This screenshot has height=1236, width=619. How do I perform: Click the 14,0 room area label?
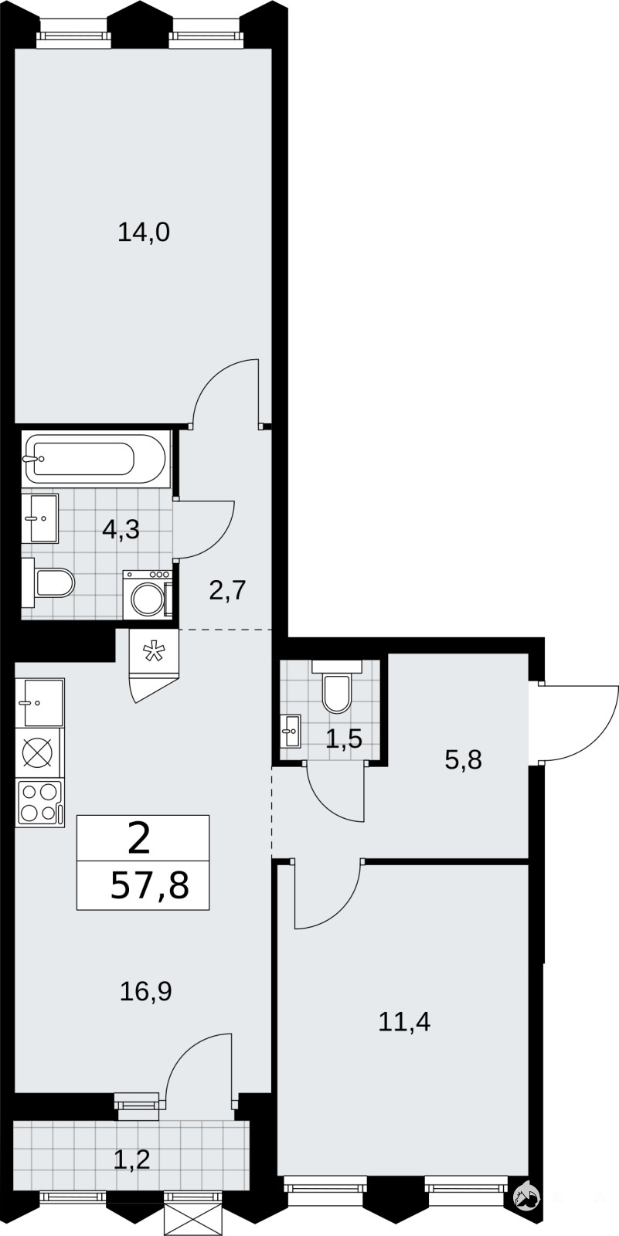click(144, 233)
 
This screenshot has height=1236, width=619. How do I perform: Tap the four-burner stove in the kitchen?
click(39, 803)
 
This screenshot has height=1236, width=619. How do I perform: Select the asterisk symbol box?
click(154, 652)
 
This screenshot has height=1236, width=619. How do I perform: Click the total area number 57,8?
click(150, 886)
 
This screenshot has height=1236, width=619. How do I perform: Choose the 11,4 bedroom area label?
click(404, 1022)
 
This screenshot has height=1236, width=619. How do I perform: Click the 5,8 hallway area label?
click(463, 760)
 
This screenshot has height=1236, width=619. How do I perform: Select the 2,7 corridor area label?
click(226, 590)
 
